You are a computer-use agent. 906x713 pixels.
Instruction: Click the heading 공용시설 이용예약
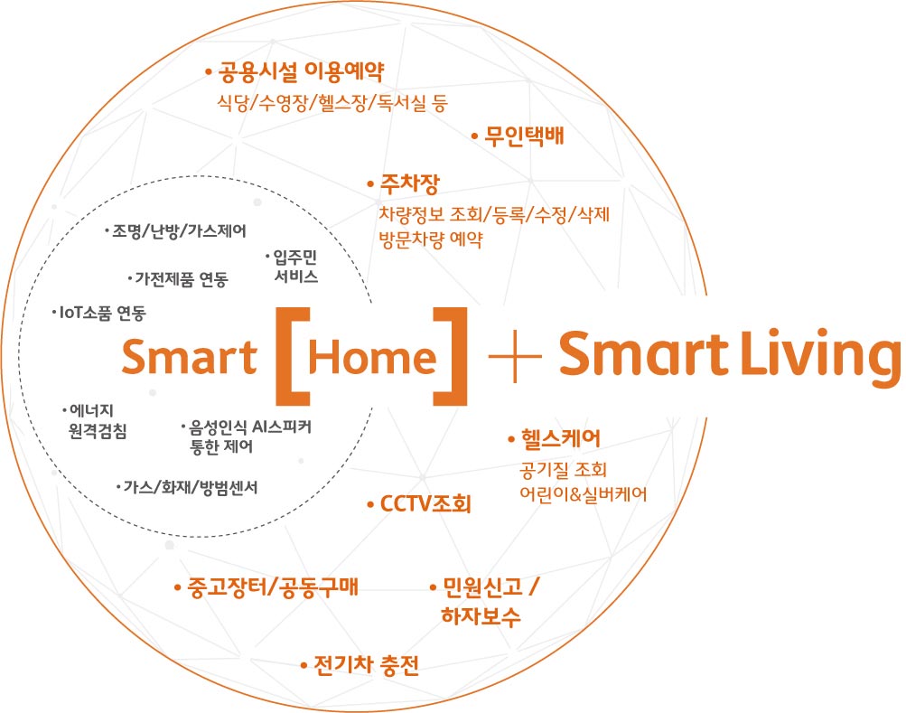click(x=301, y=72)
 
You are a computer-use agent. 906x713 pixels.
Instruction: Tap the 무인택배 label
click(x=524, y=136)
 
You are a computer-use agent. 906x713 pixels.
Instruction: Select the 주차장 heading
click(x=410, y=183)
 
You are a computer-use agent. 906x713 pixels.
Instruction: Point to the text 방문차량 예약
click(x=431, y=239)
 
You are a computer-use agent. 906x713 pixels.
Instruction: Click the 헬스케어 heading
click(x=560, y=438)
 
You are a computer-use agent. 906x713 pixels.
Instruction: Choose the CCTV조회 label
click(x=425, y=503)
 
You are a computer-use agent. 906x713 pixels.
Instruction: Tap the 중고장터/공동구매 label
click(x=273, y=587)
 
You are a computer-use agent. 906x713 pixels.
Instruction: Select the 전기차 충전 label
click(x=367, y=665)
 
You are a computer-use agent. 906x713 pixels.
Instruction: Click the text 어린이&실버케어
click(x=583, y=493)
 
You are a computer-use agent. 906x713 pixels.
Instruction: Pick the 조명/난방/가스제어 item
click(x=179, y=231)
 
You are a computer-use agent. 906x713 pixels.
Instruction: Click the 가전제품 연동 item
click(x=182, y=279)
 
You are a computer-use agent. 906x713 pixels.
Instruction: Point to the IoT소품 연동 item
click(x=103, y=313)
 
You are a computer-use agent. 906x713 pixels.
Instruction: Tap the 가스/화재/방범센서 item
click(x=191, y=487)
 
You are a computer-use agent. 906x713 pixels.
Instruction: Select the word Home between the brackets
click(x=373, y=357)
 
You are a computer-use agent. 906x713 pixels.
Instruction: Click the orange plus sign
click(x=515, y=356)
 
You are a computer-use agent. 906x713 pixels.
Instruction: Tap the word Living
click(x=821, y=356)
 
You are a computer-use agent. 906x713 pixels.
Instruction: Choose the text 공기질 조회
click(x=564, y=469)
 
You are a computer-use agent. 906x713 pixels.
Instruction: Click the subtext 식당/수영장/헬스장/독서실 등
click(x=332, y=103)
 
